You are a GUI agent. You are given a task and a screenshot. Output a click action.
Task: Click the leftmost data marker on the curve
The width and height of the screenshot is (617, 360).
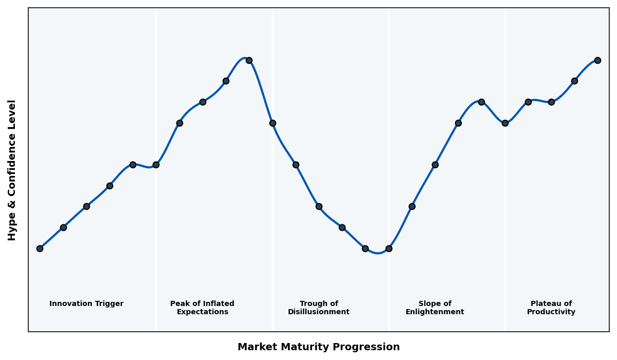[x=40, y=248]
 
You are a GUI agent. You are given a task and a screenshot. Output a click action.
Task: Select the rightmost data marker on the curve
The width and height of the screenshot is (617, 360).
[x=597, y=60]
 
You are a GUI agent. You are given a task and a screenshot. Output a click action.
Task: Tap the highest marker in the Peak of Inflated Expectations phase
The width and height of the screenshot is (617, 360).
[x=249, y=60]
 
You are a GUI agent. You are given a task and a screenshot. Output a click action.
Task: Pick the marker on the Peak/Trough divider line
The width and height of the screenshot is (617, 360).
[x=273, y=123]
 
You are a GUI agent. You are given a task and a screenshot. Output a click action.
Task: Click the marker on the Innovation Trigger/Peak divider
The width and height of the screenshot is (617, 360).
[x=156, y=165]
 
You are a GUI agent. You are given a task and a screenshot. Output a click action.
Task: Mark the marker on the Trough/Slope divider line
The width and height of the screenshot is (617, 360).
[x=389, y=248]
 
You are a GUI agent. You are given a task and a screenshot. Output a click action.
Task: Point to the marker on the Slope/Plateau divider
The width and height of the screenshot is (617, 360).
[x=505, y=123]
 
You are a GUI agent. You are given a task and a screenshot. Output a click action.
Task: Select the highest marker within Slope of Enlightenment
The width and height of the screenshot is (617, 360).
[x=481, y=102]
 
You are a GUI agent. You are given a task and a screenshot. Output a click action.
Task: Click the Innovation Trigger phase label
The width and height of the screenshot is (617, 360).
[x=86, y=304]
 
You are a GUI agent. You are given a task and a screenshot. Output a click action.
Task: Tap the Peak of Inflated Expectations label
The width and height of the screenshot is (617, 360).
[x=202, y=308]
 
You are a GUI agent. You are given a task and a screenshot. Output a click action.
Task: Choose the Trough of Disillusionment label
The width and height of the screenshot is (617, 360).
[x=319, y=308]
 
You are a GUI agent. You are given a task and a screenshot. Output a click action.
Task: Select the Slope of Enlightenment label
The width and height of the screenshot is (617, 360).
[x=435, y=308]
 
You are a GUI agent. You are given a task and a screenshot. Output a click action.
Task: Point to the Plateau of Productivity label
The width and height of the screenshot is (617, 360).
[x=551, y=308]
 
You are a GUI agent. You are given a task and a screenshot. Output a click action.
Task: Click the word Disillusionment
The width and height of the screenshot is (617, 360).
[x=319, y=312]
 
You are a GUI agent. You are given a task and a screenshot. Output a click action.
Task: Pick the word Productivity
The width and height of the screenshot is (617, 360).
[x=551, y=312]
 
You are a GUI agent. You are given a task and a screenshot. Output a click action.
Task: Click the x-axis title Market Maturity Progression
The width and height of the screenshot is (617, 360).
[x=319, y=347]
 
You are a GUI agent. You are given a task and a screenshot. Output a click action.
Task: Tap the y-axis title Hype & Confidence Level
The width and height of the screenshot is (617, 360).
[x=12, y=170]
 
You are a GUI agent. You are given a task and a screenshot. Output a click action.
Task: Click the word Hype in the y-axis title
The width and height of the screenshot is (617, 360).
[x=12, y=229]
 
